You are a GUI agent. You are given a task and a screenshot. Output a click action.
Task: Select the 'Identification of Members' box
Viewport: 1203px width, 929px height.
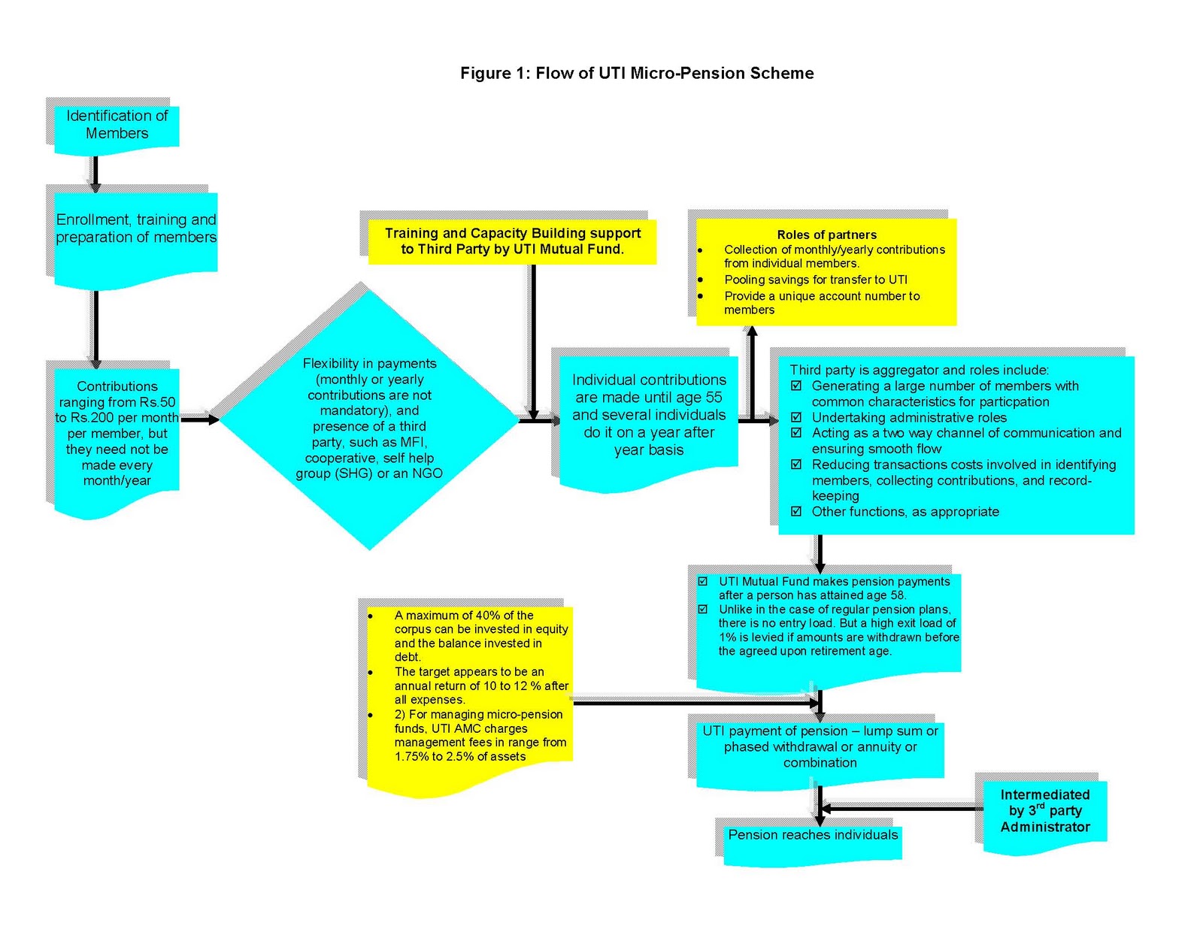(x=117, y=125)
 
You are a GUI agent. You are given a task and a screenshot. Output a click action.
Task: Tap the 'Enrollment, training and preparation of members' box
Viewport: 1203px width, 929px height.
(x=135, y=228)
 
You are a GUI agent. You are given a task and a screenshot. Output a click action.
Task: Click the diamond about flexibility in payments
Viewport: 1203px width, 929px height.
(x=368, y=418)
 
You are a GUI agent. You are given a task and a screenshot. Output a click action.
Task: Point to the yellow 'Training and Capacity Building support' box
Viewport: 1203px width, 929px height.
(x=512, y=241)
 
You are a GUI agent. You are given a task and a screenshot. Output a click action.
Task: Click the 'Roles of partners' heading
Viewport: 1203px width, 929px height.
(x=826, y=235)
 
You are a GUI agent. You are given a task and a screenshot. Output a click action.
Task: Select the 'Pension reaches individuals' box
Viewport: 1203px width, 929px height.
(x=812, y=836)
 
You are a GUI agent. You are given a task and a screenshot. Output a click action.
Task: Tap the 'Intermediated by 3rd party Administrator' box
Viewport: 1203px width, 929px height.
(x=1044, y=811)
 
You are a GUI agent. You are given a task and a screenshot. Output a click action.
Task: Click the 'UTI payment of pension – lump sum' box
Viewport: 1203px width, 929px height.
(x=820, y=746)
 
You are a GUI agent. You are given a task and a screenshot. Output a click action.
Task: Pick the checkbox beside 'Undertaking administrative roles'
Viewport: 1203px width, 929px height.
(x=796, y=417)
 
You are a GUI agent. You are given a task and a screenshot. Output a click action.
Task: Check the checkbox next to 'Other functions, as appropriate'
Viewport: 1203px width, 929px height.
(x=796, y=511)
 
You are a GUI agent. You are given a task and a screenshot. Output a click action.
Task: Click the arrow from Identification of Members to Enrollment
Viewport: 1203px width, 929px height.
(x=95, y=173)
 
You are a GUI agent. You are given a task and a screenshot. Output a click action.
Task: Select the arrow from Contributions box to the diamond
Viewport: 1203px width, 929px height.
(x=199, y=419)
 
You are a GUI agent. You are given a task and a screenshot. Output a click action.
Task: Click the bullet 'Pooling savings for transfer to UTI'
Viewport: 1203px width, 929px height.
(x=815, y=280)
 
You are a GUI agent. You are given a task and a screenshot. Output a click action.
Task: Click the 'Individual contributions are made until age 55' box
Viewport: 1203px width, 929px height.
(x=648, y=415)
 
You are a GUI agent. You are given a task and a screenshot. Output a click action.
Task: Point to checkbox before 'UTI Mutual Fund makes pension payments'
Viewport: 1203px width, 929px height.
(x=703, y=582)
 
